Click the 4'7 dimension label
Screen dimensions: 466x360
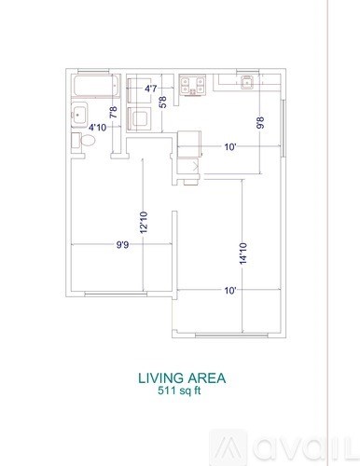pyautogui.click(x=150, y=89)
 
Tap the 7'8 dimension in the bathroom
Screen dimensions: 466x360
pyautogui.click(x=114, y=114)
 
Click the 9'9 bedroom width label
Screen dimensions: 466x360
pyautogui.click(x=122, y=246)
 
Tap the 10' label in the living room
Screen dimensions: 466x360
pyautogui.click(x=229, y=290)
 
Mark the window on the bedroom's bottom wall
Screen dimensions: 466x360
pyautogui.click(x=116, y=296)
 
